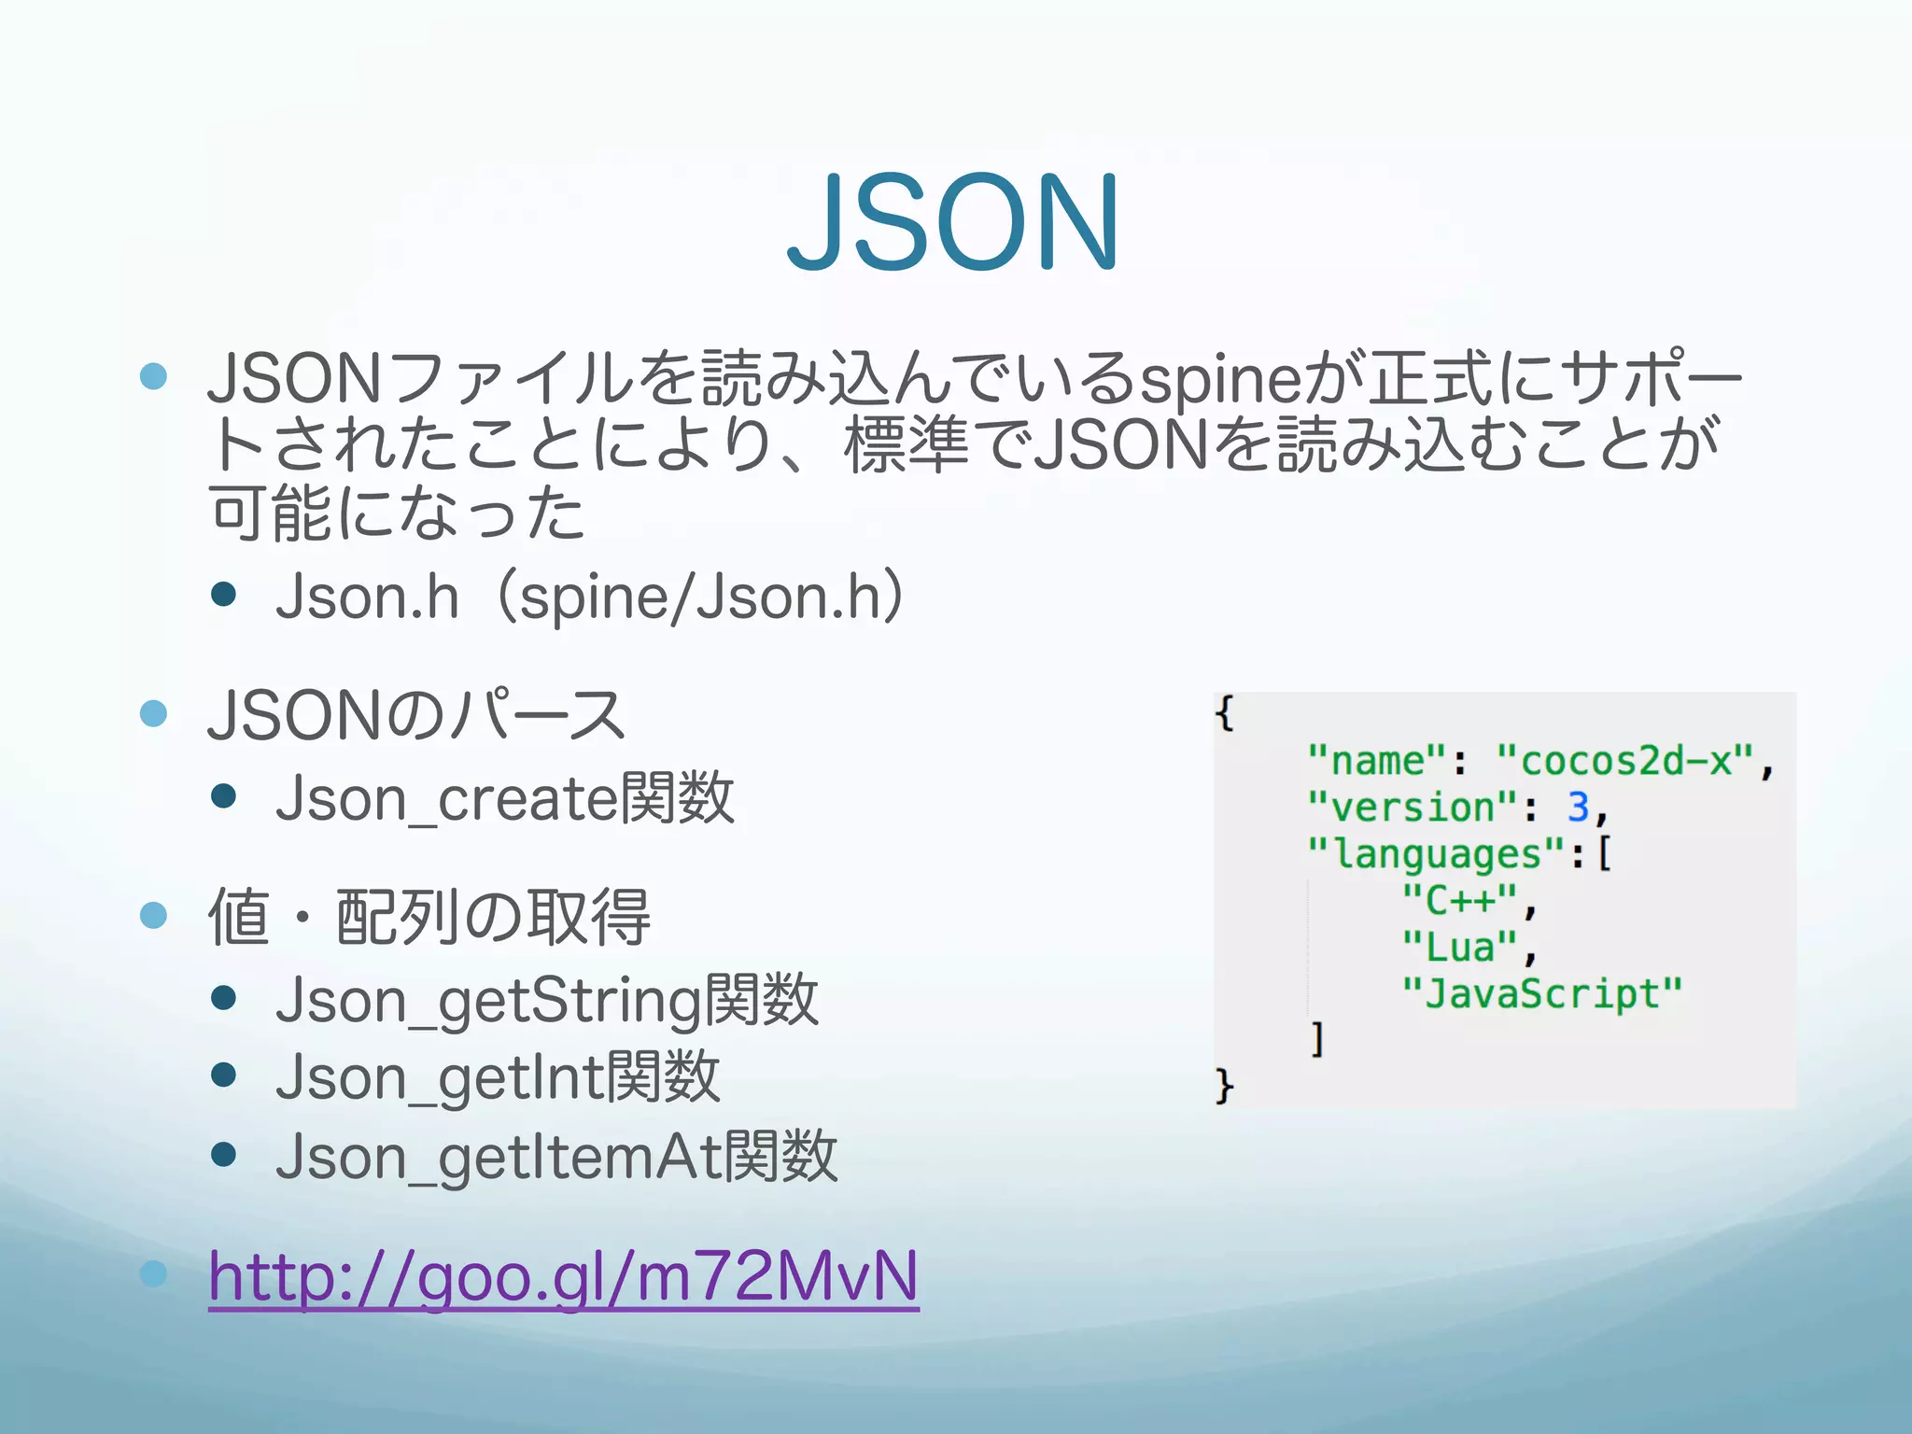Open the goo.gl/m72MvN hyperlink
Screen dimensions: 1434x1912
564,1276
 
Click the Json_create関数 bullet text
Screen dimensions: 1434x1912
505,799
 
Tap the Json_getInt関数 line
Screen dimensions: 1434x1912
498,1077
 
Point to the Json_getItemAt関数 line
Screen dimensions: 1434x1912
556,1157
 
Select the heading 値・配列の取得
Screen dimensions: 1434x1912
429,917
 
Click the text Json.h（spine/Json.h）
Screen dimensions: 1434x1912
590,597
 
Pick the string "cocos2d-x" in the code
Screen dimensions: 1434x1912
1625,761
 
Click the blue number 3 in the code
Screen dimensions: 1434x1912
1578,807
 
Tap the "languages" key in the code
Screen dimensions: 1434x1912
1436,853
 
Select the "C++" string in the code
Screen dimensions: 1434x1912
1460,900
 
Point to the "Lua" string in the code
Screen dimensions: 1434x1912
1460,947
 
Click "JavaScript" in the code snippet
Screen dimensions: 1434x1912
1541,993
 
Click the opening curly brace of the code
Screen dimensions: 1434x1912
1225,713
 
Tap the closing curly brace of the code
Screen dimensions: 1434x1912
1225,1086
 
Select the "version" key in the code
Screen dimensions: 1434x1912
1413,807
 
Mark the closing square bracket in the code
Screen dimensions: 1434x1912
1317,1039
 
